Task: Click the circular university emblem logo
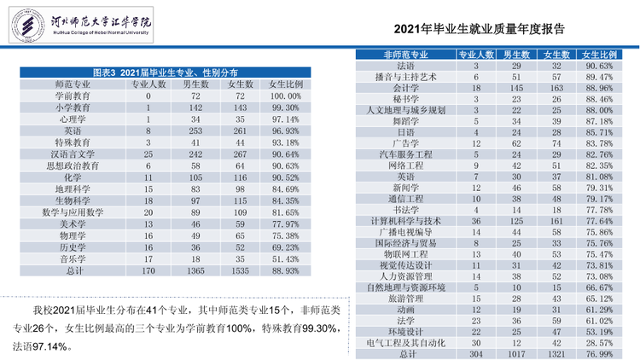tap(28, 26)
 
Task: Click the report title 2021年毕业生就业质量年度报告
tap(479, 29)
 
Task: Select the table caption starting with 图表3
tap(166, 73)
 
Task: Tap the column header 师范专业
tap(73, 84)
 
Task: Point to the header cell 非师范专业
tap(405, 55)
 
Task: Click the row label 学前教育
tap(73, 96)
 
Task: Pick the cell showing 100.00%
tap(285, 96)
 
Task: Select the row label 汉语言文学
tap(73, 154)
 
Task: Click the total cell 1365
tap(195, 271)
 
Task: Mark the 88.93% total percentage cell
tap(285, 271)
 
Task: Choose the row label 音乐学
tap(73, 259)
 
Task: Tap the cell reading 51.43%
tap(285, 259)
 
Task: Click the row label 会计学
tap(405, 88)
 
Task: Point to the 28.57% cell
tap(599, 343)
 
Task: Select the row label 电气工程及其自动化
tap(405, 343)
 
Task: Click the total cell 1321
tap(556, 354)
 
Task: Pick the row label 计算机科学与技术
tap(405, 221)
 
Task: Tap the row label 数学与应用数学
tap(73, 212)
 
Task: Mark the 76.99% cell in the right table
tap(599, 354)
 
